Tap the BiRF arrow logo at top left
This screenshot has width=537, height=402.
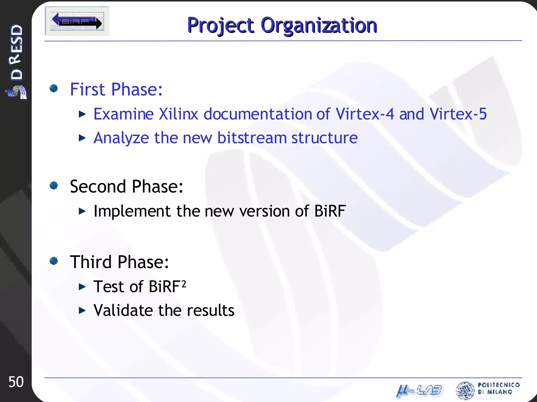[77, 21]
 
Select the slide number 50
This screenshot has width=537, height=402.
[16, 382]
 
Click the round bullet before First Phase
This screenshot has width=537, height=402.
[54, 88]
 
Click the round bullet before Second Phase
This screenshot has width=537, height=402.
[54, 186]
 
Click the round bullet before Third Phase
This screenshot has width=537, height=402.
[54, 261]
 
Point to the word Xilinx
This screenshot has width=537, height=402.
[179, 114]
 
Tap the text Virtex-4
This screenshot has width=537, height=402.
[365, 114]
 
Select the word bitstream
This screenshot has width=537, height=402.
[252, 138]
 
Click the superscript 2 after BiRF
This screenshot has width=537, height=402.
[184, 284]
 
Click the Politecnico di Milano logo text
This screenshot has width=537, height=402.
[498, 388]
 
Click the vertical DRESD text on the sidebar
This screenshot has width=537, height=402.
[16, 52]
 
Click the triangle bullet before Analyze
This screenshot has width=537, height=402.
[82, 138]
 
